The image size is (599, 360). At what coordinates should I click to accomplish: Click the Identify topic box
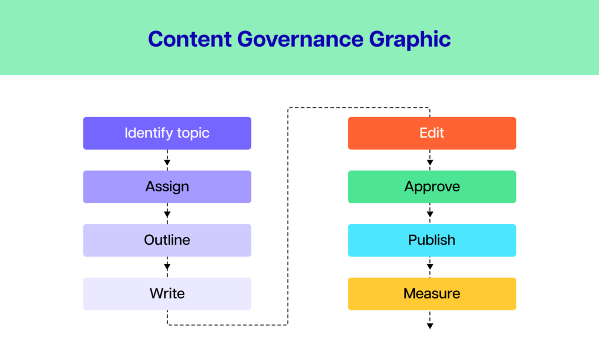[x=167, y=133]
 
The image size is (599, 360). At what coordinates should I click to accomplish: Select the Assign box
[x=167, y=187]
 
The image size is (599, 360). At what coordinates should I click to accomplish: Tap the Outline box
[x=167, y=240]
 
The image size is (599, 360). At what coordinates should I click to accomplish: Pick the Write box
[x=167, y=293]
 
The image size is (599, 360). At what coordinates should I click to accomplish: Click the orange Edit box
[x=432, y=133]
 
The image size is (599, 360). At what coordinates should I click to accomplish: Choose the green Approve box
[x=432, y=187]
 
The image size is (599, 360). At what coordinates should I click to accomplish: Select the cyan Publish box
[x=432, y=240]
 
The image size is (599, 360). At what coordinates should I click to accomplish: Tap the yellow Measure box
[x=432, y=293]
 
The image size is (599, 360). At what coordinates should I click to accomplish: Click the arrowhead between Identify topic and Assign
[x=167, y=163]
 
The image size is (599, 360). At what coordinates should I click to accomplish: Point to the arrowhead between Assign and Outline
[x=167, y=214]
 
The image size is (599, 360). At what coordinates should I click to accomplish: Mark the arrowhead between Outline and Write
[x=167, y=266]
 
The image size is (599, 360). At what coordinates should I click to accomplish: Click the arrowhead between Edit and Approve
[x=430, y=163]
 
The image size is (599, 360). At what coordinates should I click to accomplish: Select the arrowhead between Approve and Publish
[x=430, y=214]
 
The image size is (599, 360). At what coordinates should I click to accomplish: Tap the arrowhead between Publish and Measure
[x=430, y=266]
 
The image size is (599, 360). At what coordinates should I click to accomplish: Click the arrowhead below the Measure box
[x=430, y=326]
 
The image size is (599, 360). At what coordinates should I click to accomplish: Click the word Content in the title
[x=190, y=39]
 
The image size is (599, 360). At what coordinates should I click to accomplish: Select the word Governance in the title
[x=300, y=39]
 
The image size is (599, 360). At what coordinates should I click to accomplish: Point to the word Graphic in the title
[x=410, y=40]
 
